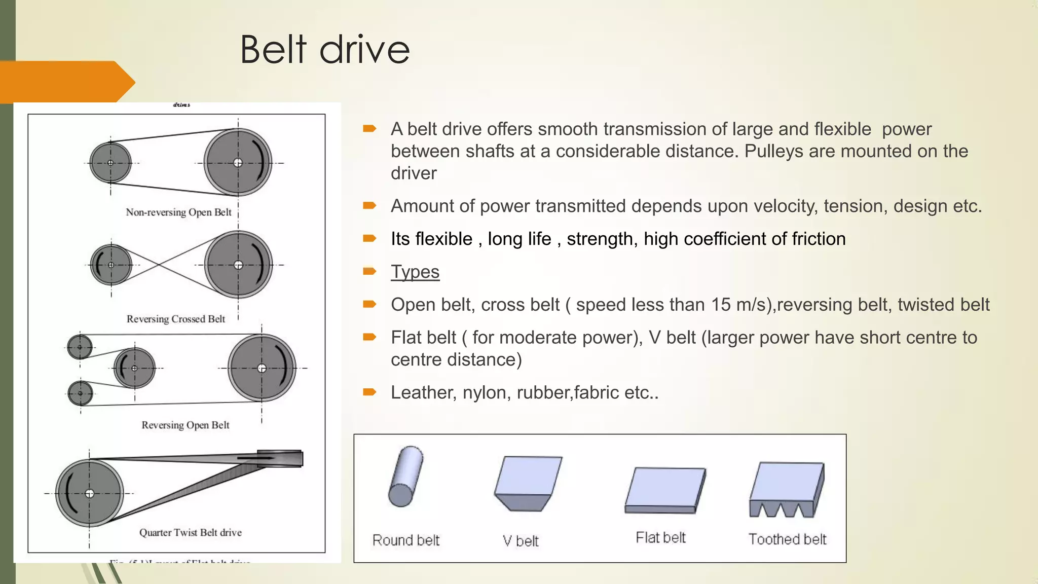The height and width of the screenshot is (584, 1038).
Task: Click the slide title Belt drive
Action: point(324,50)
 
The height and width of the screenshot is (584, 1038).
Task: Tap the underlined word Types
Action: point(415,272)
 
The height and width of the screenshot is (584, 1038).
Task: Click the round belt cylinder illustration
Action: point(405,476)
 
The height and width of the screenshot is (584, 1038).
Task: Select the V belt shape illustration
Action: point(528,483)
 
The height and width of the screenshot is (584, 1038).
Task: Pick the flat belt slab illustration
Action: point(664,490)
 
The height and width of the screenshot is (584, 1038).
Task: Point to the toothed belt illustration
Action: point(787,490)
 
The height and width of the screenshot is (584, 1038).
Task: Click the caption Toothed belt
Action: point(787,539)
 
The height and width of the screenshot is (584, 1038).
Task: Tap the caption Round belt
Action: point(405,540)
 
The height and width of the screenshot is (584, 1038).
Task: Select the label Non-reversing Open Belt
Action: point(178,212)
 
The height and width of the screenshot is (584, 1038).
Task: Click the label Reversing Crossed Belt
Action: point(175,319)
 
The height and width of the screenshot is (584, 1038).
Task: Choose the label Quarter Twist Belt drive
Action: point(190,532)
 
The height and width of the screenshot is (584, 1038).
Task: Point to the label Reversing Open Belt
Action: point(185,425)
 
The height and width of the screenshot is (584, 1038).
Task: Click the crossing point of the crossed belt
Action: point(159,265)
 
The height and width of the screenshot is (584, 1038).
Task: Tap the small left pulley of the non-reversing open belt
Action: point(110,163)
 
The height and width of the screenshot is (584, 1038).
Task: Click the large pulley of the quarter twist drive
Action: point(90,493)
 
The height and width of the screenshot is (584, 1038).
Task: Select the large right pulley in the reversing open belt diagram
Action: point(262,368)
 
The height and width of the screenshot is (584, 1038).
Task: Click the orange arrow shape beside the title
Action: point(66,82)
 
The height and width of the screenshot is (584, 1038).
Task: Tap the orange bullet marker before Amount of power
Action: point(369,206)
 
